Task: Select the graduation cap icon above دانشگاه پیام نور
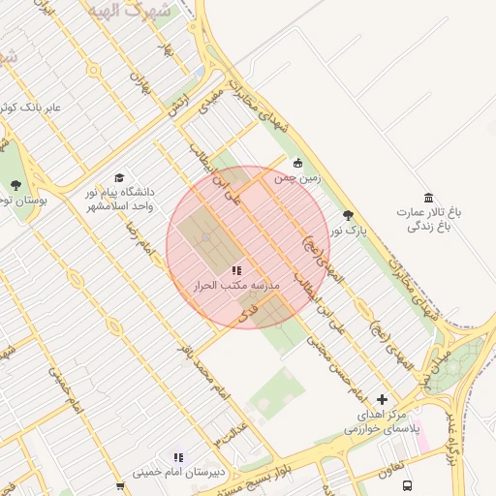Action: (x=119, y=178)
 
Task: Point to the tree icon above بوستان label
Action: (x=15, y=184)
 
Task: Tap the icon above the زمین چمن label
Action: (x=297, y=163)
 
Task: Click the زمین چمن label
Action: (x=296, y=178)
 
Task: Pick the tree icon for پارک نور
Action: (x=349, y=215)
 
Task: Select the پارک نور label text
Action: (x=347, y=232)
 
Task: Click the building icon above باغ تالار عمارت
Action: (x=429, y=197)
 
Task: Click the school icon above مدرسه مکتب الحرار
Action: (x=236, y=270)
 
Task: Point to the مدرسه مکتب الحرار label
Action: (x=236, y=286)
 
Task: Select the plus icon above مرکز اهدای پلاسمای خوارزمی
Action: (x=382, y=399)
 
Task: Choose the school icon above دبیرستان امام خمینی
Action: (x=177, y=457)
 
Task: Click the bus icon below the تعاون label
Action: (x=408, y=484)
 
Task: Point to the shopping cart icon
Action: (x=120, y=487)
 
